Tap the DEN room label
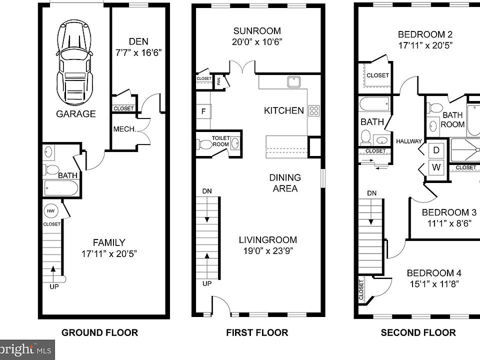(138, 41)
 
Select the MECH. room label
(124, 129)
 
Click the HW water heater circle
(50, 211)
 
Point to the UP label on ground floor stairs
(54, 286)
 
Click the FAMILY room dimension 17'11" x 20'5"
(109, 254)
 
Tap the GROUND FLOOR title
(100, 332)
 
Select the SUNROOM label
(257, 31)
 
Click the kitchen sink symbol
(294, 81)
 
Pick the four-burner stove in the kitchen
(314, 110)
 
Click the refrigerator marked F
(203, 111)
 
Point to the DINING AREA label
(285, 183)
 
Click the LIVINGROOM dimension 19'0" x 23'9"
(268, 251)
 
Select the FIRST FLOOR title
(257, 332)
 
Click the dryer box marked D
(436, 150)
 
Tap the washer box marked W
(436, 167)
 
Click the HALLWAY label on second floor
(409, 141)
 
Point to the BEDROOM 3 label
(449, 212)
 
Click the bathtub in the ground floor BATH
(61, 188)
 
